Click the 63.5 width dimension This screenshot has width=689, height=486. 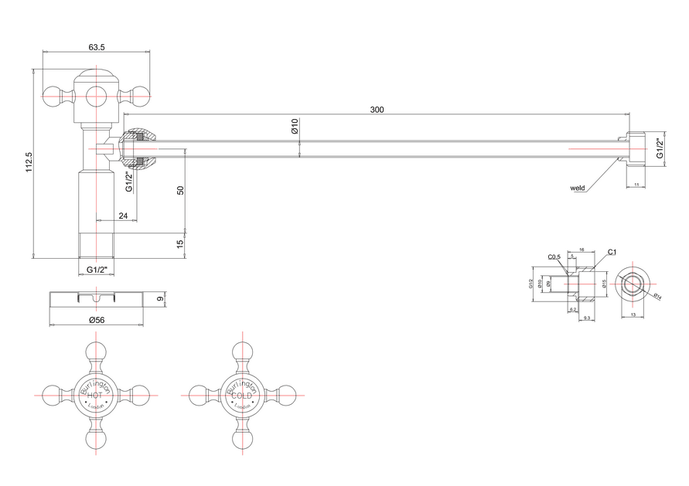pyautogui.click(x=97, y=47)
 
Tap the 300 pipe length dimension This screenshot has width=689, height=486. pyautogui.click(x=377, y=110)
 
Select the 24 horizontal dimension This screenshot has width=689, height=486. pyautogui.click(x=123, y=216)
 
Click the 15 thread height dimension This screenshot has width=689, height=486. pyautogui.click(x=179, y=244)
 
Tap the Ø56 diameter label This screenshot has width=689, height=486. pyautogui.click(x=97, y=320)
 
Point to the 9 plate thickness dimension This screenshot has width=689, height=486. pyautogui.click(x=161, y=298)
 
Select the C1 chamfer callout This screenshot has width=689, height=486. pyautogui.click(x=612, y=252)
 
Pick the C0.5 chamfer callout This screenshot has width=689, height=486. pyautogui.click(x=553, y=257)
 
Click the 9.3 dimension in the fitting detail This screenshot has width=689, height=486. pyautogui.click(x=586, y=318)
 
